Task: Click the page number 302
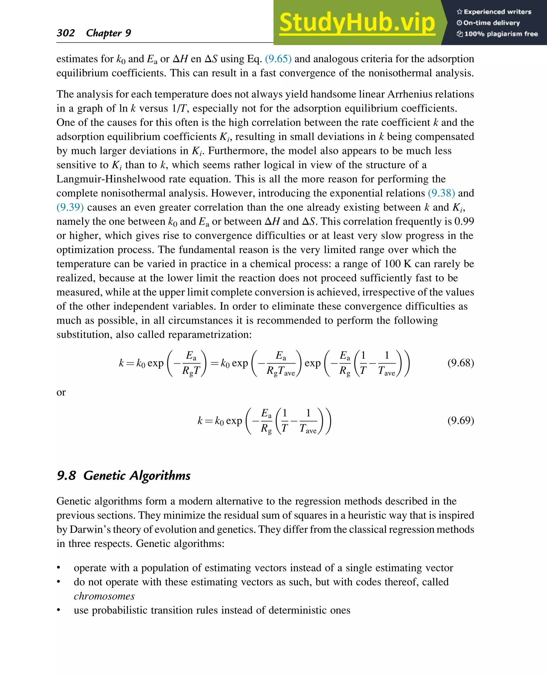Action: point(65,33)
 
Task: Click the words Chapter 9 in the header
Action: point(108,33)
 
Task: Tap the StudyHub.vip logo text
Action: point(357,23)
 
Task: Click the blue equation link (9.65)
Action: point(278,59)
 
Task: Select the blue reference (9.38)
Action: point(441,193)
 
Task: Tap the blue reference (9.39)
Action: point(70,207)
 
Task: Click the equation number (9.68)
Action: point(460,363)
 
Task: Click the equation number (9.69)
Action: point(460,421)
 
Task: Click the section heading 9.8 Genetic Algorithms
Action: point(123,475)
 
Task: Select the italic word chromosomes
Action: point(104,596)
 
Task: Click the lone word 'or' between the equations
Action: point(61,393)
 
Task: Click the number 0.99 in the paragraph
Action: point(464,222)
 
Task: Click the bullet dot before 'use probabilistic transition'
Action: point(58,610)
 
